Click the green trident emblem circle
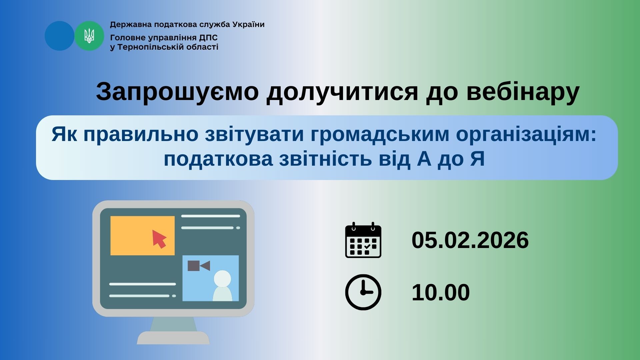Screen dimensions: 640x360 coord(89,36)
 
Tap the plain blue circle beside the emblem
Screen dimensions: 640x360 coord(60,36)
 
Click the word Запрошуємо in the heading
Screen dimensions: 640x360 coord(177,92)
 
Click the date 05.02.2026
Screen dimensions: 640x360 coord(470,240)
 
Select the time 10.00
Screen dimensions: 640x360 coord(441,293)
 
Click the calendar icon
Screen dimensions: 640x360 coord(363,240)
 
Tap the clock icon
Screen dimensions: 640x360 coord(363,292)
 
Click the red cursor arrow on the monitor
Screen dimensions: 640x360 coord(159,239)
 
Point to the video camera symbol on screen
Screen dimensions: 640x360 coord(199,266)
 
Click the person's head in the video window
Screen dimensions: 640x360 coord(222,279)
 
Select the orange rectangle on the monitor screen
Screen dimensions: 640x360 coord(142,236)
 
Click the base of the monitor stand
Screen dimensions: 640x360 coord(173,338)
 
